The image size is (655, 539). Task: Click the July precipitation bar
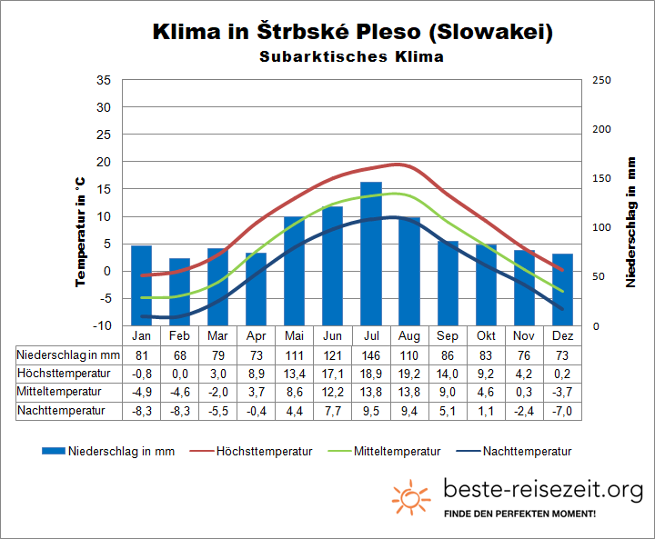(371, 255)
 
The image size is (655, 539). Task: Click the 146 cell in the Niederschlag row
(371, 354)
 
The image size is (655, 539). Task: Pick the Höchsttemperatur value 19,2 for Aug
(409, 374)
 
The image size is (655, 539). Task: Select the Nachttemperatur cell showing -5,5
(217, 410)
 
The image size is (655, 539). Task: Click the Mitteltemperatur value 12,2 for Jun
(333, 392)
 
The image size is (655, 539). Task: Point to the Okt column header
(486, 336)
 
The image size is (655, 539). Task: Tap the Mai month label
(294, 336)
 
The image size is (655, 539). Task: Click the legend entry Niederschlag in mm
(109, 451)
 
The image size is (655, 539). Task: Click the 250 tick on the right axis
(601, 80)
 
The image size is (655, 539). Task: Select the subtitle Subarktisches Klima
(351, 57)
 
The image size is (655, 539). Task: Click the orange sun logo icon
(411, 497)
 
